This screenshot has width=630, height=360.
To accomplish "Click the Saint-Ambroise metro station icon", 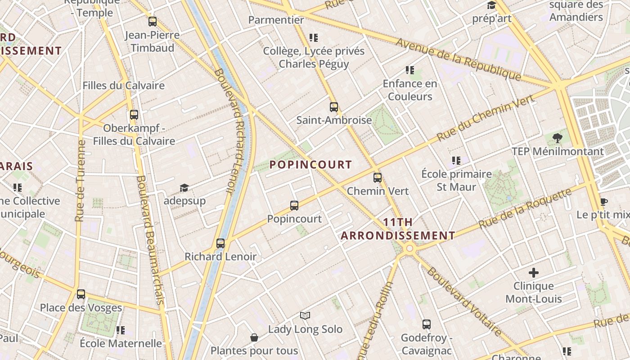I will [x=333, y=107].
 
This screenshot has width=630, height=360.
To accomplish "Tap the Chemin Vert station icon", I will [x=377, y=178].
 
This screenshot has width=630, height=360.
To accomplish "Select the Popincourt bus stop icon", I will [x=294, y=206].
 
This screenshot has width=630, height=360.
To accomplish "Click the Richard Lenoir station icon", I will [x=220, y=243].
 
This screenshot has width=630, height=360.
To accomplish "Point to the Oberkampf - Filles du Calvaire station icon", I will [x=134, y=115].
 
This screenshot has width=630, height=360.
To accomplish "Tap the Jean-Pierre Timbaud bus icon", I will [x=152, y=22].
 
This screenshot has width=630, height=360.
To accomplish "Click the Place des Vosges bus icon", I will [x=81, y=294].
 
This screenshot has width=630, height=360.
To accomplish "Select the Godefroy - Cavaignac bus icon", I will [x=426, y=324].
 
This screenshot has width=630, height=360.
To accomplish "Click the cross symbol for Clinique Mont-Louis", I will [x=533, y=272].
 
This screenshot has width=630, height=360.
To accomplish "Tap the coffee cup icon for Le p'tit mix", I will [x=603, y=201].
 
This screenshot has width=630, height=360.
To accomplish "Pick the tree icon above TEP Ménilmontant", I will [x=557, y=138].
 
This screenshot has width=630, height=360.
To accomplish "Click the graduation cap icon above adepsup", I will [x=184, y=187].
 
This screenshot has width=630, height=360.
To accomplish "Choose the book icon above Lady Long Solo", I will [x=305, y=315].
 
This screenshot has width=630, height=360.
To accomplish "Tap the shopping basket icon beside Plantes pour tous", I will [x=254, y=337].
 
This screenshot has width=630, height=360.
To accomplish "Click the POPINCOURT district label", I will [x=310, y=165].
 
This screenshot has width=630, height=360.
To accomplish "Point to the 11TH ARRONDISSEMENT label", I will [x=398, y=229].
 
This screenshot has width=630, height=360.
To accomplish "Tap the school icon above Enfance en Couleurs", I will [x=409, y=70].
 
